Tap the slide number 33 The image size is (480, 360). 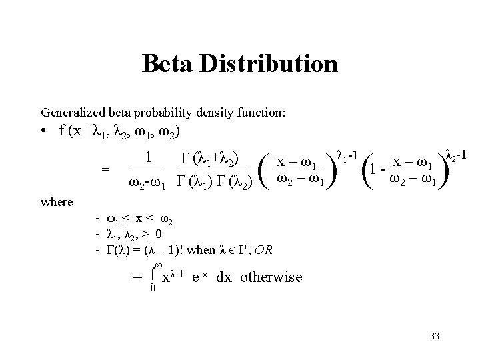point(435,333)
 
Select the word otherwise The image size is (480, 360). point(270,277)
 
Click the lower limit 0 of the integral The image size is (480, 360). point(152,289)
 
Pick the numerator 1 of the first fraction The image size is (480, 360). point(150,159)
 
